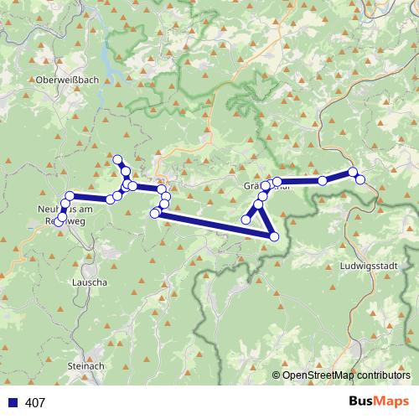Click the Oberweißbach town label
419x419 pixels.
click(67, 80)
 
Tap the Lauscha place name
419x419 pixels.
click(90, 283)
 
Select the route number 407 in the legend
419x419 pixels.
click(35, 403)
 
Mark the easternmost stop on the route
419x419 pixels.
click(360, 179)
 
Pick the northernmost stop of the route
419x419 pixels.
click(117, 159)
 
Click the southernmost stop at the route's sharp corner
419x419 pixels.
click(274, 237)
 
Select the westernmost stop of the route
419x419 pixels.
click(58, 222)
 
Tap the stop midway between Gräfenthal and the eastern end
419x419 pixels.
click(323, 180)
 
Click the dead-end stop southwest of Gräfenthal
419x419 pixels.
click(246, 220)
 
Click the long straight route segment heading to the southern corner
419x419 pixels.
click(214, 225)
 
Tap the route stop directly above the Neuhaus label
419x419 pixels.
click(70, 196)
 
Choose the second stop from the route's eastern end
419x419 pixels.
click(353, 173)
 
